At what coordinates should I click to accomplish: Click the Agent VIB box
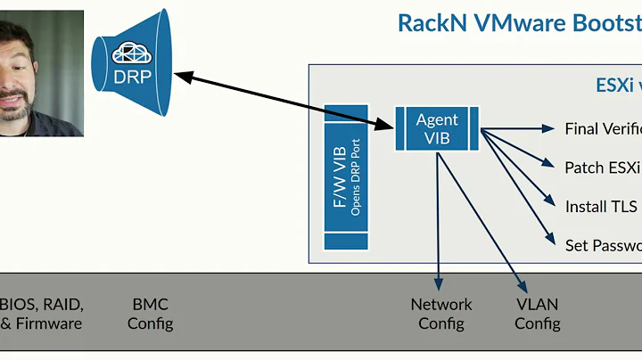[x=437, y=128]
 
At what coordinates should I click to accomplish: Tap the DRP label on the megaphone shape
[x=133, y=76]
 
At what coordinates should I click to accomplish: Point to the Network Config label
[x=441, y=314]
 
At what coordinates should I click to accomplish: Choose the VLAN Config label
[x=537, y=314]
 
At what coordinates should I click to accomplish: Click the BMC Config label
[x=150, y=314]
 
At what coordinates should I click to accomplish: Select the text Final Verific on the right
[x=603, y=128]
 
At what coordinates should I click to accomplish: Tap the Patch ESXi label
[x=603, y=167]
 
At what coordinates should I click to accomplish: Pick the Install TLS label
[x=602, y=206]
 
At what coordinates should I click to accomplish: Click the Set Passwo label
[x=603, y=244]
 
